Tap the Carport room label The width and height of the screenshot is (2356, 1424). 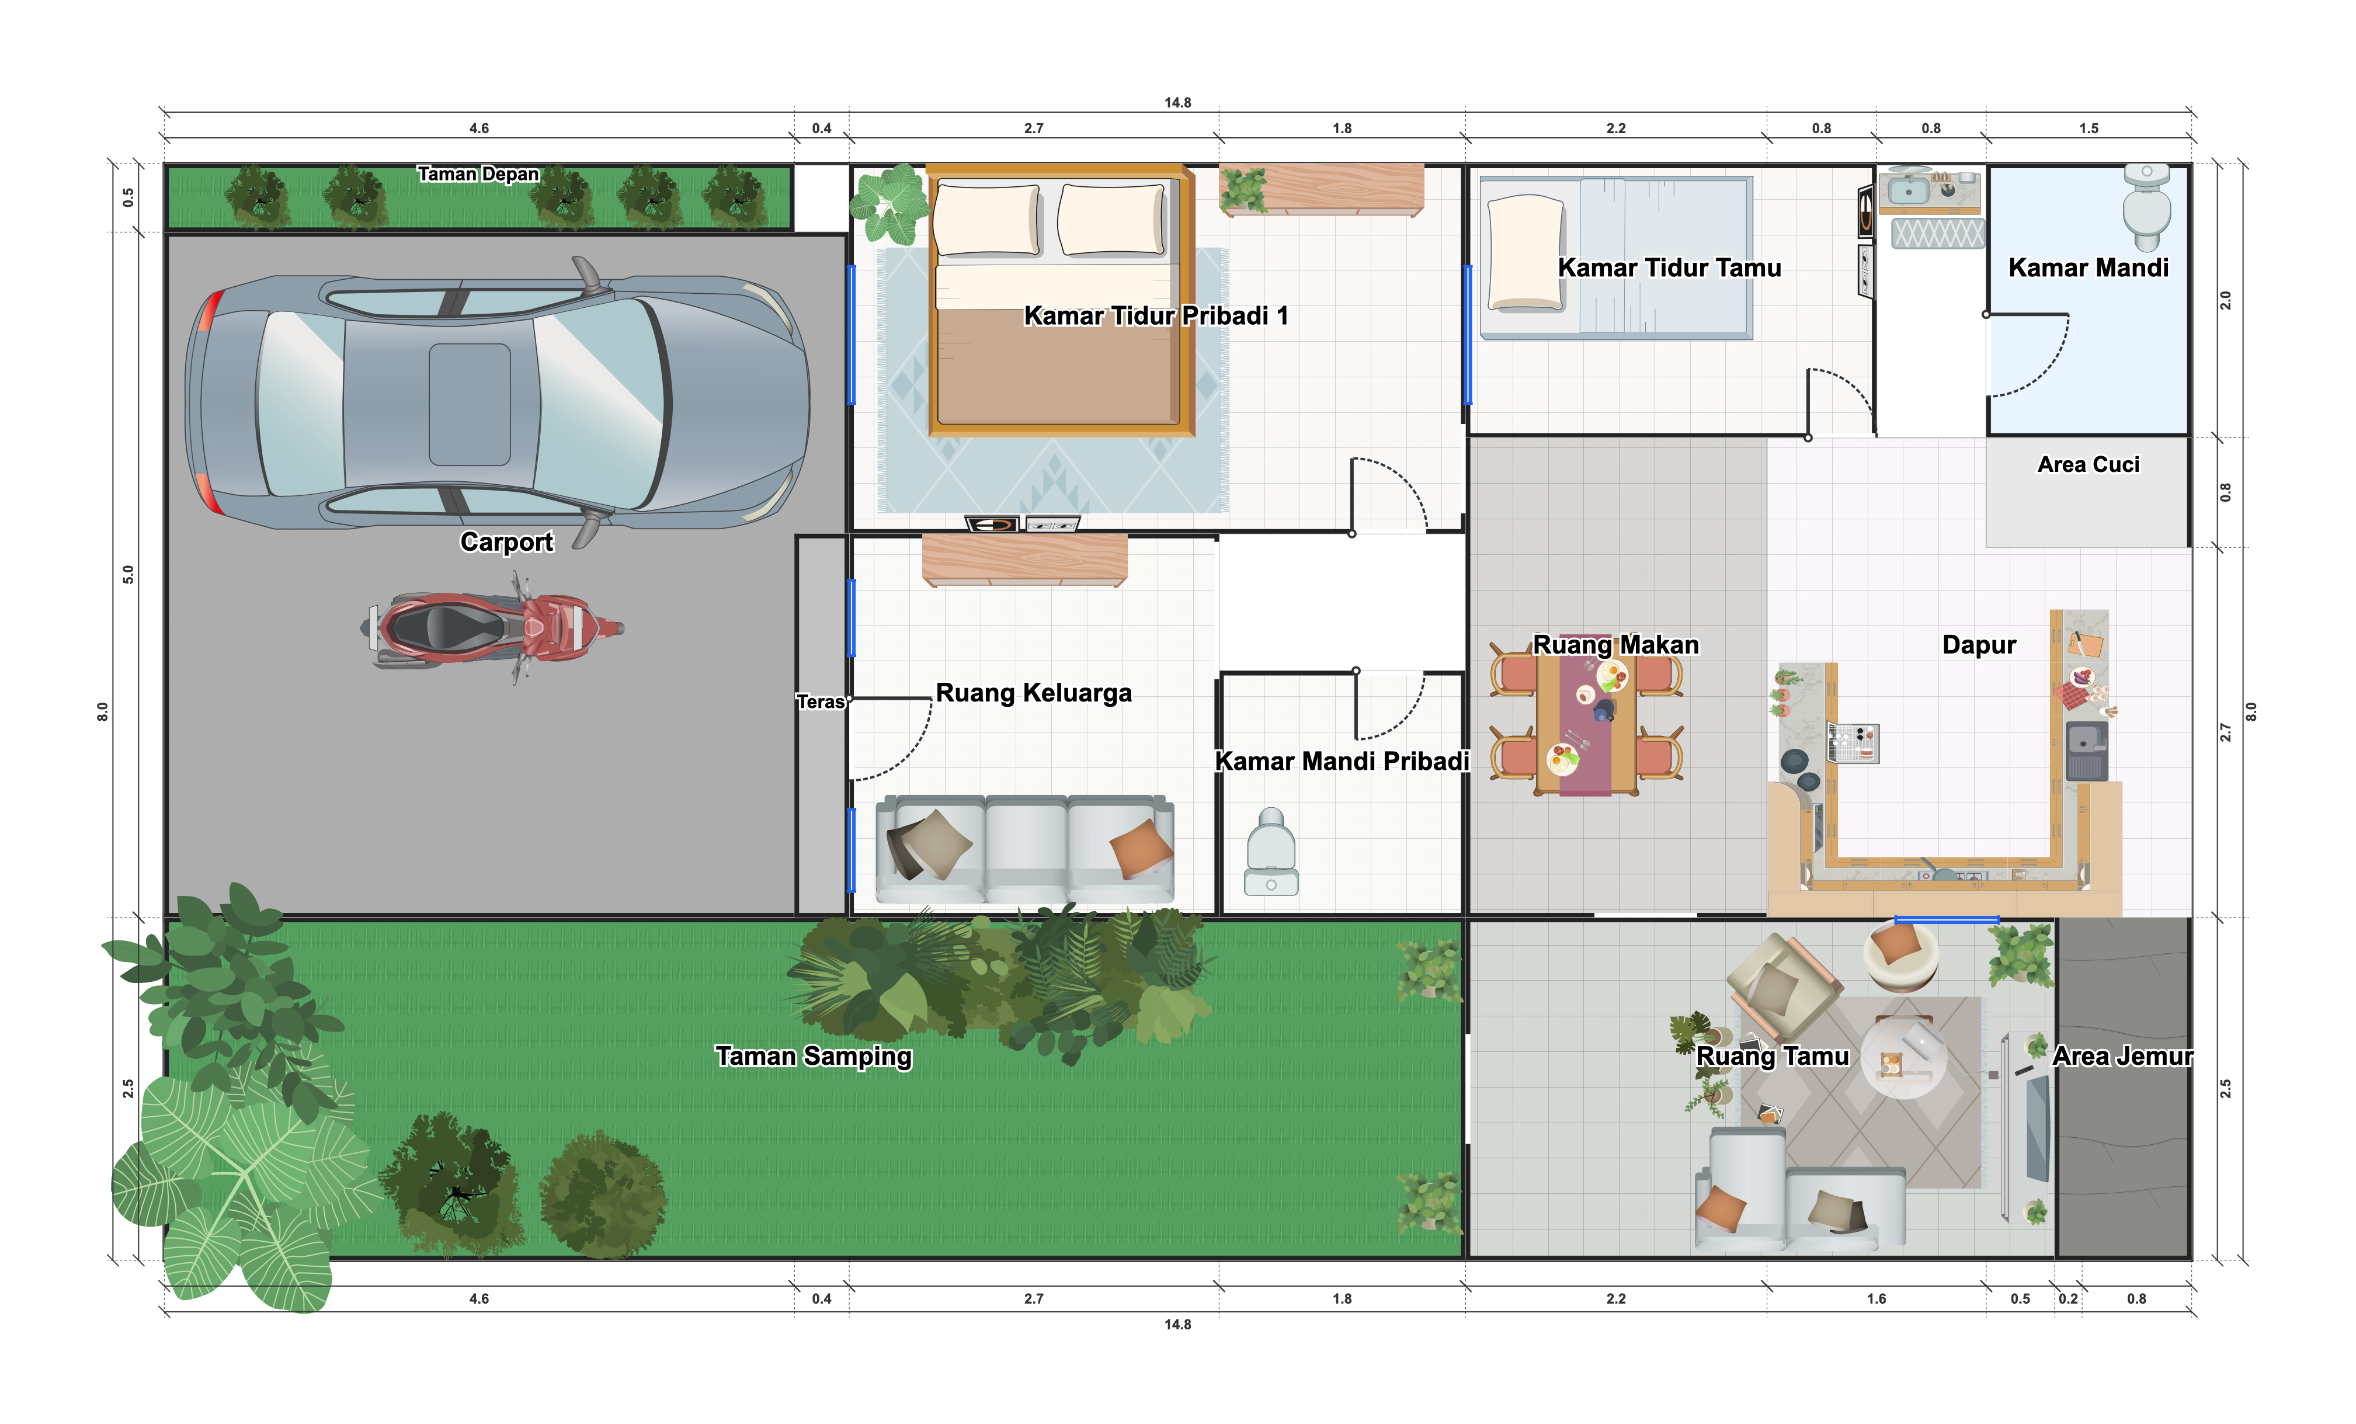pyautogui.click(x=507, y=541)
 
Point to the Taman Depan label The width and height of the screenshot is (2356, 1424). pyautogui.click(x=478, y=174)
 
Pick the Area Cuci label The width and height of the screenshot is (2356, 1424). pyautogui.click(x=2089, y=465)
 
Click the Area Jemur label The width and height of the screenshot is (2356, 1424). pyautogui.click(x=2123, y=1056)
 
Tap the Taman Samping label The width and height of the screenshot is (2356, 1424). pyautogui.click(x=814, y=1056)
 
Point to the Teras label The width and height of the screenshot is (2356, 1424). pyautogui.click(x=821, y=702)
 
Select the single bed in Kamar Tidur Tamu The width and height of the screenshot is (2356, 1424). pyautogui.click(x=1616, y=256)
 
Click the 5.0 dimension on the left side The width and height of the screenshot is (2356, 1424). pyautogui.click(x=128, y=575)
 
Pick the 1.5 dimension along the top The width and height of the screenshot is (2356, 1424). pyautogui.click(x=2089, y=128)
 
